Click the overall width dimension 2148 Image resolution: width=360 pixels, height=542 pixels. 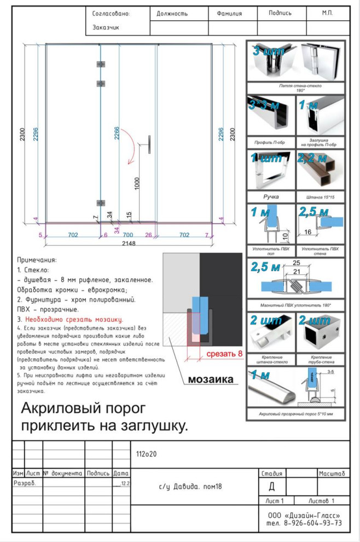129,243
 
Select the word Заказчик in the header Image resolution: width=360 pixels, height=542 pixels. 106,27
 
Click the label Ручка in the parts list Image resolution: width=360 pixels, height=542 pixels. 270,196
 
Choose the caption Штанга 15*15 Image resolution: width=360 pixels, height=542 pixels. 320,197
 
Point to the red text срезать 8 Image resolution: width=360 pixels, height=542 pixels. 224,354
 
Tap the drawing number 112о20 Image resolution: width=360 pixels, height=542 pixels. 146,454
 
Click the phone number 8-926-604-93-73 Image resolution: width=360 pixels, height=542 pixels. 312,523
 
